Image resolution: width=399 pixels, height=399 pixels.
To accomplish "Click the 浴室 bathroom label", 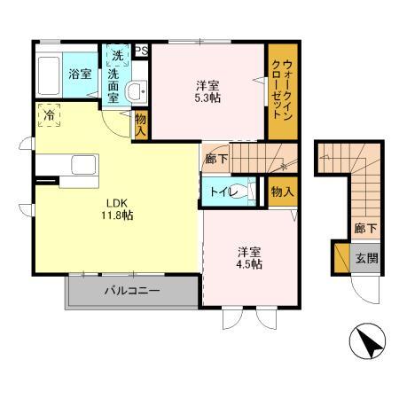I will pos(81,74).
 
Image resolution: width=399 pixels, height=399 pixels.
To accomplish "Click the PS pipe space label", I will pos(142,51).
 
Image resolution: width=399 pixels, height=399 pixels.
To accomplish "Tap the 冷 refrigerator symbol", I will pos(49,114).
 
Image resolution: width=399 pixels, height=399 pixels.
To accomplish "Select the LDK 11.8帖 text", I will pos(115,207).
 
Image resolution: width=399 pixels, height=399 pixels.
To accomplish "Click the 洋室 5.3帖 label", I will pos(209,91).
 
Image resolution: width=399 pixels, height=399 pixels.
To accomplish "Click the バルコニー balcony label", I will pos(130,290).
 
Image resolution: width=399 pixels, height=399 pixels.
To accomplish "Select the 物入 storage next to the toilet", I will pos(282,192).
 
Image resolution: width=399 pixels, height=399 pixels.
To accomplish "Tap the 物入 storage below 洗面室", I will pos(140,123).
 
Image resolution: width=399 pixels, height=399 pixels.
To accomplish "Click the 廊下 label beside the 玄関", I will pos(365,229).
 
